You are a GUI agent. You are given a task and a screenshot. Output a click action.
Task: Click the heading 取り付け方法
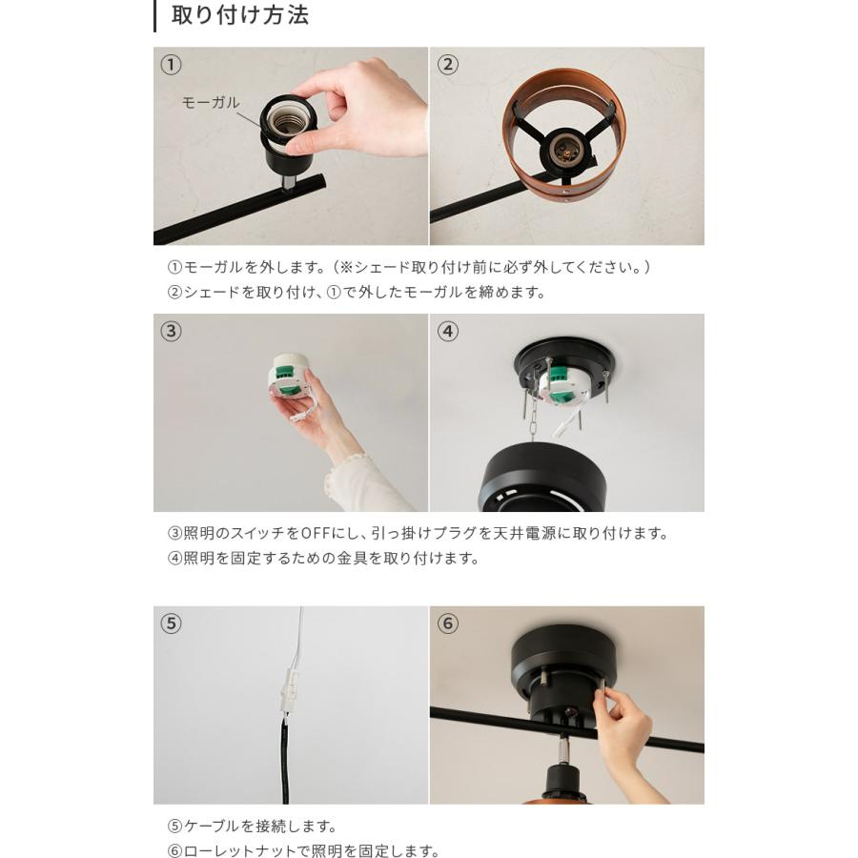[x=239, y=16]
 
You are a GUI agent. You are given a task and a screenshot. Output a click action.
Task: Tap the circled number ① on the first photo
[x=170, y=65]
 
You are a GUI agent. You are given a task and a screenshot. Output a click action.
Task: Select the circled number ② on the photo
[x=447, y=65]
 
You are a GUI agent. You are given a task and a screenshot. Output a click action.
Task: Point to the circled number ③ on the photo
[x=170, y=332]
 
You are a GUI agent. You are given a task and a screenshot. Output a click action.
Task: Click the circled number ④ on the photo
[x=447, y=332]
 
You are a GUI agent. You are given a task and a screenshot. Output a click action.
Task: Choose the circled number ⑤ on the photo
[x=170, y=623]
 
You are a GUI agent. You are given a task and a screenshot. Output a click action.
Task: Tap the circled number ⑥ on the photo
[x=447, y=623]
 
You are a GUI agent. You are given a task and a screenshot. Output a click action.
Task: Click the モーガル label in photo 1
[x=211, y=102]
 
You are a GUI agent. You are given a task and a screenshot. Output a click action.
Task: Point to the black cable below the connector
[x=283, y=763]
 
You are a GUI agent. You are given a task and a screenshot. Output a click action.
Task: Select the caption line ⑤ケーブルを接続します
[x=253, y=827]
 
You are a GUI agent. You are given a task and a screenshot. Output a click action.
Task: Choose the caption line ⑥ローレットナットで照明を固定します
[x=304, y=851]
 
